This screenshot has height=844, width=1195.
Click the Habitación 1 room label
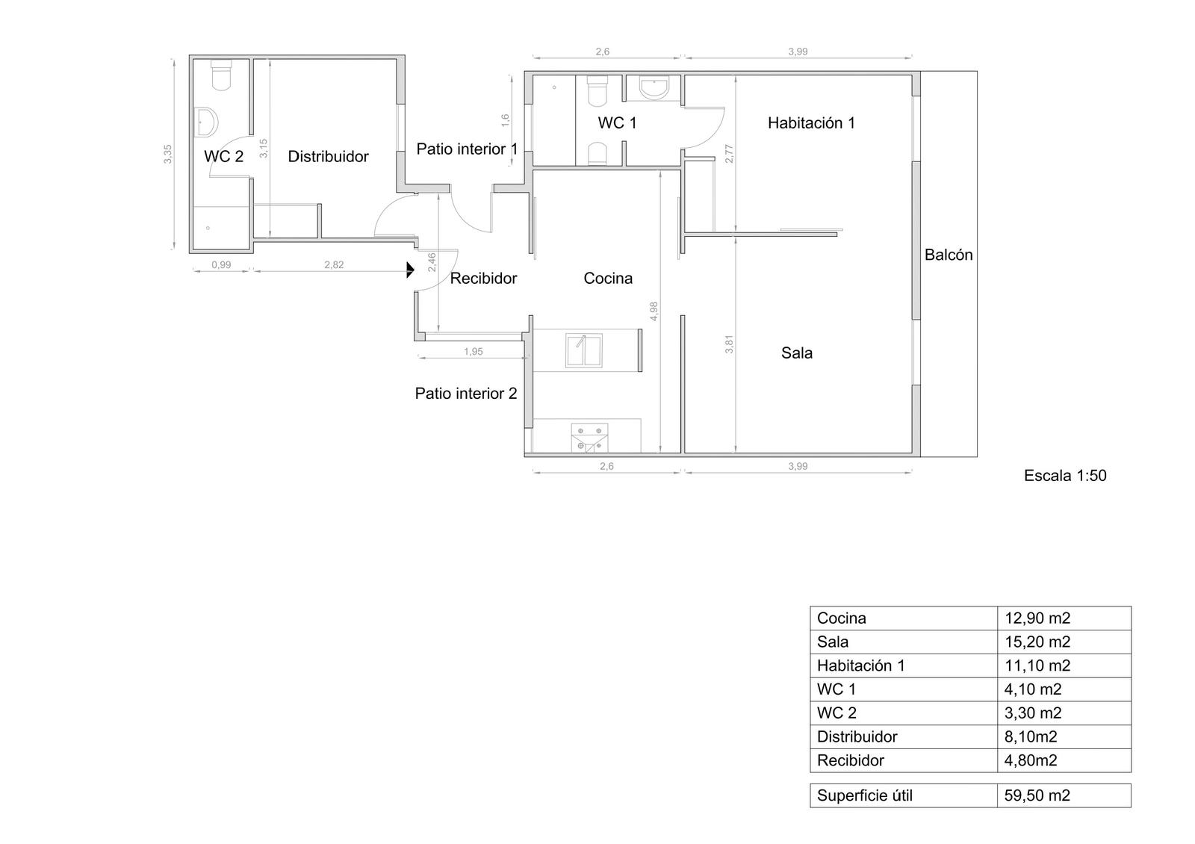811,123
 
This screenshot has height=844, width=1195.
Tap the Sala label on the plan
796,353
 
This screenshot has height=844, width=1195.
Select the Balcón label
949,255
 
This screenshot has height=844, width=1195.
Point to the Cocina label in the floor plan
608,278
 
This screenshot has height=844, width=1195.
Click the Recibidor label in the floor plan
483,279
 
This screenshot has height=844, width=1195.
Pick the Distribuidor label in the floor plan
328,156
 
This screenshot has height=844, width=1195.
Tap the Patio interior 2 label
466,394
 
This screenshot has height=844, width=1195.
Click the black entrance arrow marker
410,270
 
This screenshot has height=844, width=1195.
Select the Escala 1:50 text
1065,475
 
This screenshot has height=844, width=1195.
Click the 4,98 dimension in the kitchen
654,311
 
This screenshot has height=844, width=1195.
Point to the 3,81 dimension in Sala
729,344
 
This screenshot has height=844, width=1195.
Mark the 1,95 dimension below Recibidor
474,352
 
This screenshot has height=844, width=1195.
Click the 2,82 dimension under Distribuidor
334,264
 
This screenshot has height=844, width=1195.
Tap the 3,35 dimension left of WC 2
167,154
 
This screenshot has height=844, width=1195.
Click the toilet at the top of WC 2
221,75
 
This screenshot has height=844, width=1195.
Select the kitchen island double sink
583,350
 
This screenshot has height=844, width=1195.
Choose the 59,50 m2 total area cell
1037,795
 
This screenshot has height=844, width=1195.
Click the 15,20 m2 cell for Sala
1037,642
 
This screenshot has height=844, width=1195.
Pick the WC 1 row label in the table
836,689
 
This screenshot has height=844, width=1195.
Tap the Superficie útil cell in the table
864,795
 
